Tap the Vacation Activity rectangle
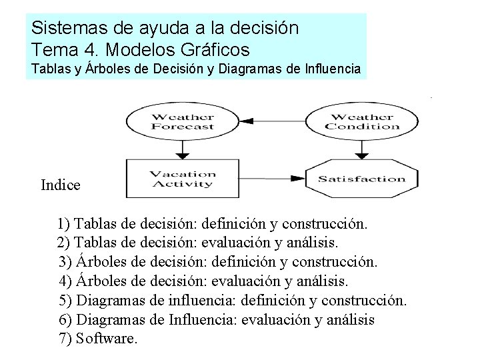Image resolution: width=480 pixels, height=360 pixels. point(181,179)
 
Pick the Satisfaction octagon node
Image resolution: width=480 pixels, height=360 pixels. point(361,179)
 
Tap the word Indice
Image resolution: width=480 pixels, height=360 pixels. point(61,185)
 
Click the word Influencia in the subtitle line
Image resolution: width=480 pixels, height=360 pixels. point(327,68)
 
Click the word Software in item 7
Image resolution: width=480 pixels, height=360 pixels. point(107,338)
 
